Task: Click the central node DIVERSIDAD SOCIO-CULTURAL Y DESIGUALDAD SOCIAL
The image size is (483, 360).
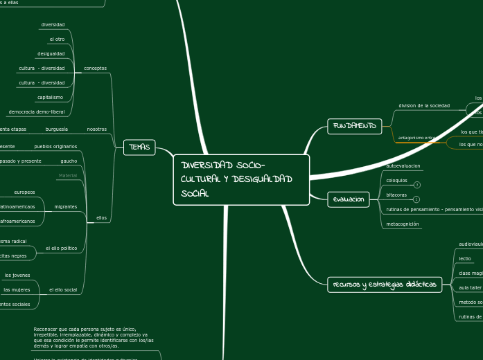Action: tap(240, 179)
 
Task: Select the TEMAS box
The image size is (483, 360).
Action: tap(139, 147)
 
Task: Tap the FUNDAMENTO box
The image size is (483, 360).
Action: tap(354, 126)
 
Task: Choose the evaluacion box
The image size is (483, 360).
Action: tap(349, 199)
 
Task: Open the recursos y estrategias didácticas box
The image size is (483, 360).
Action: tap(385, 285)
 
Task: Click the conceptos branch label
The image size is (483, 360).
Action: tap(95, 69)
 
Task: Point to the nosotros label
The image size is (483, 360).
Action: tap(96, 129)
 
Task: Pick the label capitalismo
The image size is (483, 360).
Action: tap(51, 98)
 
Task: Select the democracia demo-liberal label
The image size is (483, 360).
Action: tap(37, 111)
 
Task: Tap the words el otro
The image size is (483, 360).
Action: tap(56, 39)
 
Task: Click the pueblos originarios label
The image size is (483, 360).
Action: tap(55, 147)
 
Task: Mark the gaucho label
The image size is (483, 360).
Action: tap(69, 161)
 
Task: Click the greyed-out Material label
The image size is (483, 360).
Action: tap(68, 176)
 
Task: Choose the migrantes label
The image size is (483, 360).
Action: tap(66, 207)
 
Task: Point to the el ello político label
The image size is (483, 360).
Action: tap(61, 248)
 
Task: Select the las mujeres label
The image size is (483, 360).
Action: tap(17, 289)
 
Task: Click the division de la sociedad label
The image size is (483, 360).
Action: tap(424, 106)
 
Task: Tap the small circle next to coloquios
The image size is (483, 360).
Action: tap(416, 185)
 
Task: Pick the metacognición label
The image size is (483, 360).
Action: tap(403, 224)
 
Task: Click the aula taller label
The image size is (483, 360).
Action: tap(470, 287)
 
